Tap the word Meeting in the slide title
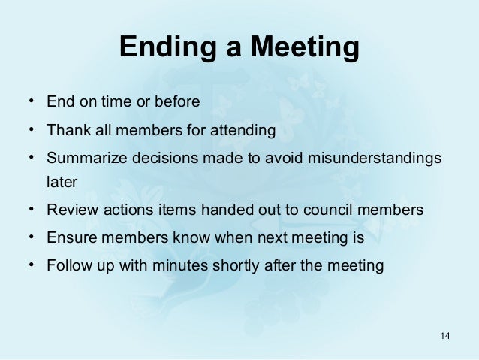point(303,48)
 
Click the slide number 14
point(444,334)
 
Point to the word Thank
point(66,131)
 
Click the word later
point(62,182)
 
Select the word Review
point(70,210)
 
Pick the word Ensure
point(69,239)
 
